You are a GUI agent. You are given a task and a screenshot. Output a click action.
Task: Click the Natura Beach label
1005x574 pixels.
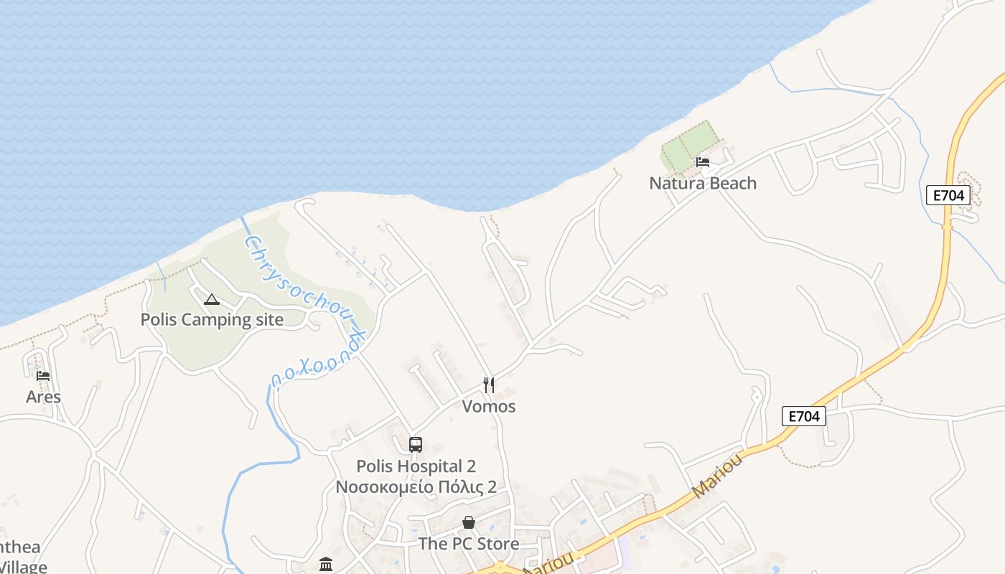(702, 183)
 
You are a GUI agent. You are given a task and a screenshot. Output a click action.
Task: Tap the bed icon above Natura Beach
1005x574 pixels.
(703, 161)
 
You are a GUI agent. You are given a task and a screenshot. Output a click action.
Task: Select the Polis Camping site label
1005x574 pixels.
(212, 319)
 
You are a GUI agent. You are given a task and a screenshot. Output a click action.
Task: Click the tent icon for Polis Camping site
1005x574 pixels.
(211, 299)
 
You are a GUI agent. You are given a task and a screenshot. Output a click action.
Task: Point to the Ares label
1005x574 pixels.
(43, 397)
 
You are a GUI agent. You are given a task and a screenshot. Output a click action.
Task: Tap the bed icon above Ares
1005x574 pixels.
(43, 375)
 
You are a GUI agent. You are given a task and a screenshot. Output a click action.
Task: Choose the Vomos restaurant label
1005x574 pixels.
(489, 406)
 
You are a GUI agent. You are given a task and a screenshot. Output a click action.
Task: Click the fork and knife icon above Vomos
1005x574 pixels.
(489, 385)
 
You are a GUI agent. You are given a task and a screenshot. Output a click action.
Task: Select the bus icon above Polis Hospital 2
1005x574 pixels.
(416, 444)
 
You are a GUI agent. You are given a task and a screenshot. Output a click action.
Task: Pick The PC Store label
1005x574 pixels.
(469, 544)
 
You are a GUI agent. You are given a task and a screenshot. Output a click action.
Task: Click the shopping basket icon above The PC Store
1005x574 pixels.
(469, 522)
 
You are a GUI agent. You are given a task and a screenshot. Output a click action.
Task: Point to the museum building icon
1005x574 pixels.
(326, 564)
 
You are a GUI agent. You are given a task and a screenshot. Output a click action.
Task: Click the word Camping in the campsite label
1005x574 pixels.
(208, 319)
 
